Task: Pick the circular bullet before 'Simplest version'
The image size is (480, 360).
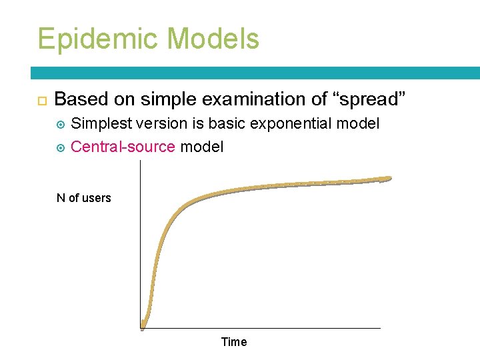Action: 61,125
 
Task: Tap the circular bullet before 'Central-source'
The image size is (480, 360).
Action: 61,147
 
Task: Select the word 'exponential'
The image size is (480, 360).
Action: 293,124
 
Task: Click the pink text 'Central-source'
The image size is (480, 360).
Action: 123,147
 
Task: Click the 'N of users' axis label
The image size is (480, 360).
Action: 84,198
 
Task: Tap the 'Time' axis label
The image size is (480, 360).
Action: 233,342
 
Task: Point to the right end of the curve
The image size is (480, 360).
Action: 389,178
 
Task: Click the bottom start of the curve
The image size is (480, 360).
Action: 143,326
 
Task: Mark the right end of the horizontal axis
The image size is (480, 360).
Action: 380,328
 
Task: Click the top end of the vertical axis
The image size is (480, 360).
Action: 141,161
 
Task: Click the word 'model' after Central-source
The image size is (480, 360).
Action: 202,147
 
